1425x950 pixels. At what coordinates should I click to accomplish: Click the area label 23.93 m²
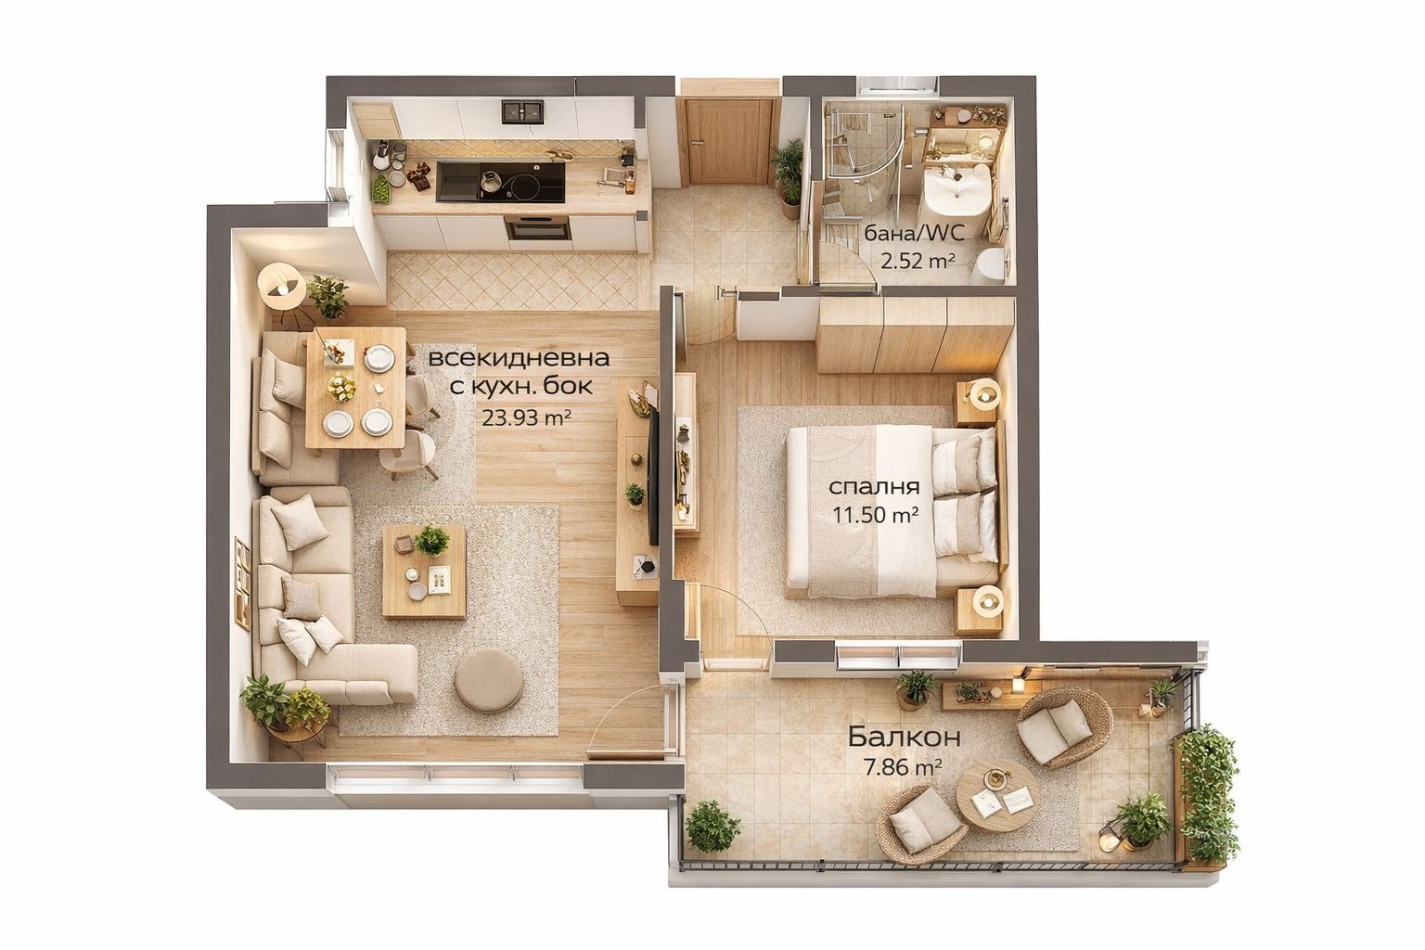click(526, 417)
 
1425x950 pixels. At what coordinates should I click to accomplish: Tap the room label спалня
click(874, 487)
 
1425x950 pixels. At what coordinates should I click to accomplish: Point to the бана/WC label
click(914, 233)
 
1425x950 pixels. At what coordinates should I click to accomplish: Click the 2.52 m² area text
click(918, 261)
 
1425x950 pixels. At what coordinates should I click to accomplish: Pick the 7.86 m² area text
click(903, 768)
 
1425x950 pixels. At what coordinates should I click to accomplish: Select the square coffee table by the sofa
click(424, 572)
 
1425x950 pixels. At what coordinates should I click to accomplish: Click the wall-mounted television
click(652, 476)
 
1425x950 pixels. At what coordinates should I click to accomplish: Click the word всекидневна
click(519, 357)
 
